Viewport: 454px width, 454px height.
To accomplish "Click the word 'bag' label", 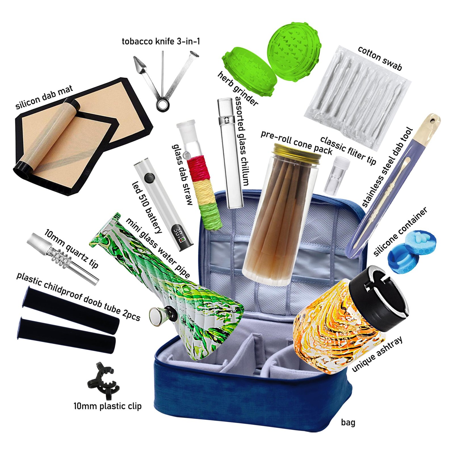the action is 348,423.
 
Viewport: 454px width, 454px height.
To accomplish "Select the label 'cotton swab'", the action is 380,58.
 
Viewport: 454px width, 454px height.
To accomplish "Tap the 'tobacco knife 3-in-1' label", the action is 161,41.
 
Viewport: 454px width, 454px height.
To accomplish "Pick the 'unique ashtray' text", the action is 377,354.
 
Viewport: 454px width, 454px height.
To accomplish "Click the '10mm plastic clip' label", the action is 108,406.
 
